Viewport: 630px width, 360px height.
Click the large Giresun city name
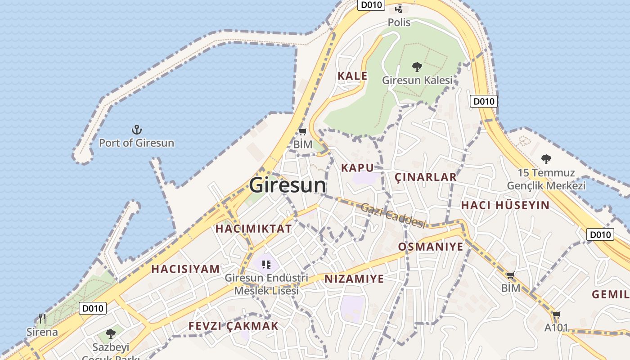tap(288, 185)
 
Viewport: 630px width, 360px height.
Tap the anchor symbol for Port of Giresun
tap(136, 130)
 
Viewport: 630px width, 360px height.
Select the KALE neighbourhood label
tap(352, 76)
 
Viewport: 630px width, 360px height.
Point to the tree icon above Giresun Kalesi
tap(417, 67)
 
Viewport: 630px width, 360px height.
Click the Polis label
tap(399, 22)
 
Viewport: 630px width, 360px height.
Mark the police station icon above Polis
tap(399, 9)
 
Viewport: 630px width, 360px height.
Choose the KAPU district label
tap(357, 168)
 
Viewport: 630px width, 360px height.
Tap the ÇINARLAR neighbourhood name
tap(426, 177)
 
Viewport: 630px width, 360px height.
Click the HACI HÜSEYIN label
tap(505, 206)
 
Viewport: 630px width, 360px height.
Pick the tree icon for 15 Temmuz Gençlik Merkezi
tap(546, 159)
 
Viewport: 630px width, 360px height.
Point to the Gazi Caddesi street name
tap(393, 216)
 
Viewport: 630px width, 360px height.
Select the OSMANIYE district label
tap(430, 247)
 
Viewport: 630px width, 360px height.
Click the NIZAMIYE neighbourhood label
tap(354, 279)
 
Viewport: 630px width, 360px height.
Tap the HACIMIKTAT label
tap(253, 229)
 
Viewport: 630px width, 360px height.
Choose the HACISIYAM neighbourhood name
tap(185, 269)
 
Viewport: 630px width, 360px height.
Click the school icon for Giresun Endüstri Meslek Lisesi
tap(266, 264)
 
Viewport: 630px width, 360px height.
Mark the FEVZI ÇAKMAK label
tap(233, 326)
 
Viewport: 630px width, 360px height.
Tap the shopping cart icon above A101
tap(557, 315)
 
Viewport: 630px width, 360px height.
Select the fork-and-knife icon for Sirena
tap(42, 319)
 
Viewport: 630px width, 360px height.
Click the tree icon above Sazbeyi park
tap(111, 334)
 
